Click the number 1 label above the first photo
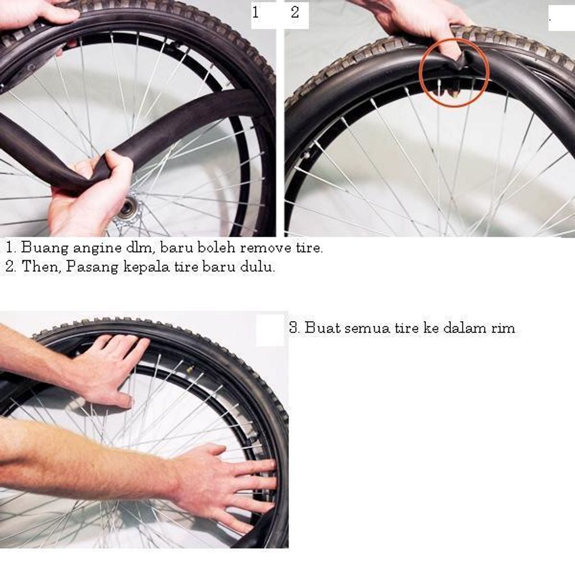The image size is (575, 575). (x=255, y=12)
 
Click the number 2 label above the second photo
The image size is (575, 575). (x=295, y=12)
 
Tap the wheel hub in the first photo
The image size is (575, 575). (x=128, y=208)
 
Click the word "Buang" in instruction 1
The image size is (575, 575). (x=45, y=248)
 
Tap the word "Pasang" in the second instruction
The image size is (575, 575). (x=92, y=267)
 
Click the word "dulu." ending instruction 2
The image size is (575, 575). (x=257, y=267)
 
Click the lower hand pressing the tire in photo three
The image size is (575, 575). (x=227, y=484)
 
